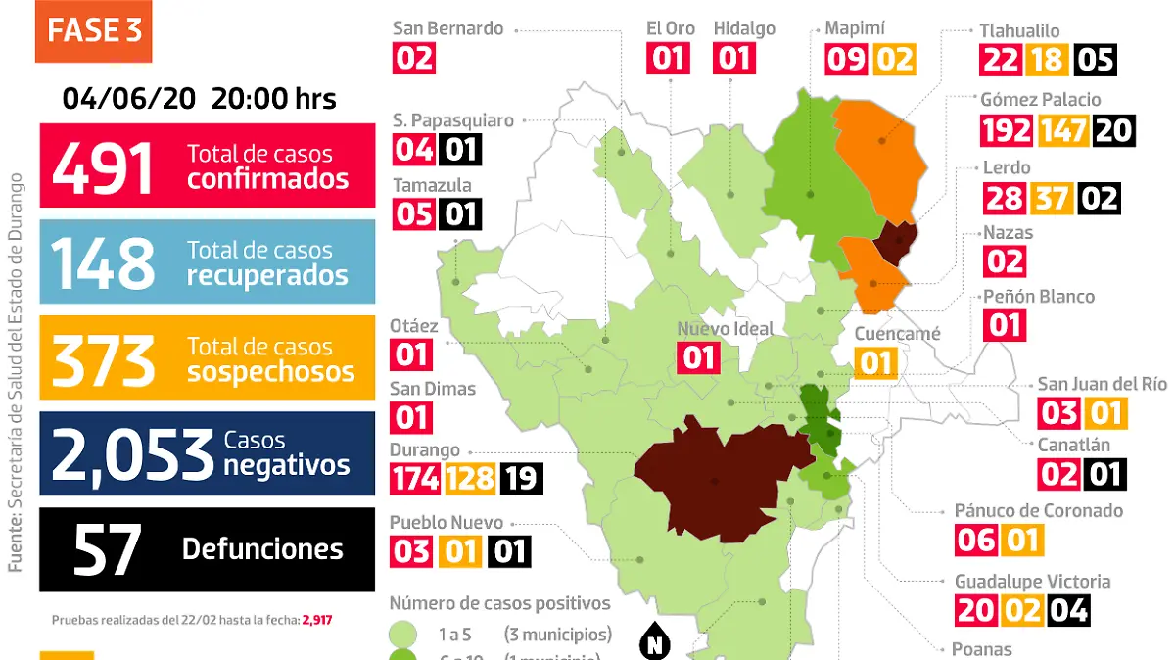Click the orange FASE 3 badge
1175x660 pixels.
94,32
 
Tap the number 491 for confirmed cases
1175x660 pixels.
104,166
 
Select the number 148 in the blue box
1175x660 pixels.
104,262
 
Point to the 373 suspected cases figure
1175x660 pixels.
104,358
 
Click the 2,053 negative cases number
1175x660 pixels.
132,454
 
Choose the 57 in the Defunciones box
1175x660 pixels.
107,549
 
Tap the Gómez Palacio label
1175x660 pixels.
1040,99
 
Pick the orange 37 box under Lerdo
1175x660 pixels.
1050,198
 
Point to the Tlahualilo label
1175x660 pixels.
1019,31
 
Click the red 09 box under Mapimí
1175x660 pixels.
845,59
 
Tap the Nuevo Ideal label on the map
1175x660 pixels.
726,329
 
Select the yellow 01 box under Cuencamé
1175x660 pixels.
875,363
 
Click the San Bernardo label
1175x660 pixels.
447,27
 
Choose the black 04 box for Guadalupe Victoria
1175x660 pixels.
1067,610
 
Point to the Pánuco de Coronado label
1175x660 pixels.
1038,510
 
